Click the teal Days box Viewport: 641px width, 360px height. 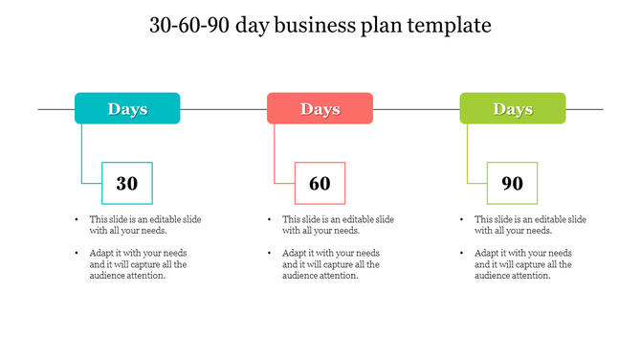[127, 108]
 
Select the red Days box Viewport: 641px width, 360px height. [320, 108]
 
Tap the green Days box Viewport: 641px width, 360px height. [512, 108]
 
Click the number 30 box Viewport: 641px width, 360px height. [127, 183]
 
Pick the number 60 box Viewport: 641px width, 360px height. [320, 183]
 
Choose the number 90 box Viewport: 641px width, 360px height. [512, 183]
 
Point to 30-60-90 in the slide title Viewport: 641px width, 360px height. [196, 26]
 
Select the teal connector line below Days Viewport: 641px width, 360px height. [82, 153]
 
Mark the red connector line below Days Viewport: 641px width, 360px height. [275, 153]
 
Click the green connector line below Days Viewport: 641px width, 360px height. [467, 153]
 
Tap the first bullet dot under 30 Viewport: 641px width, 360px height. [77, 219]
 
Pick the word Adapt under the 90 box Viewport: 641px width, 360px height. [487, 253]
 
